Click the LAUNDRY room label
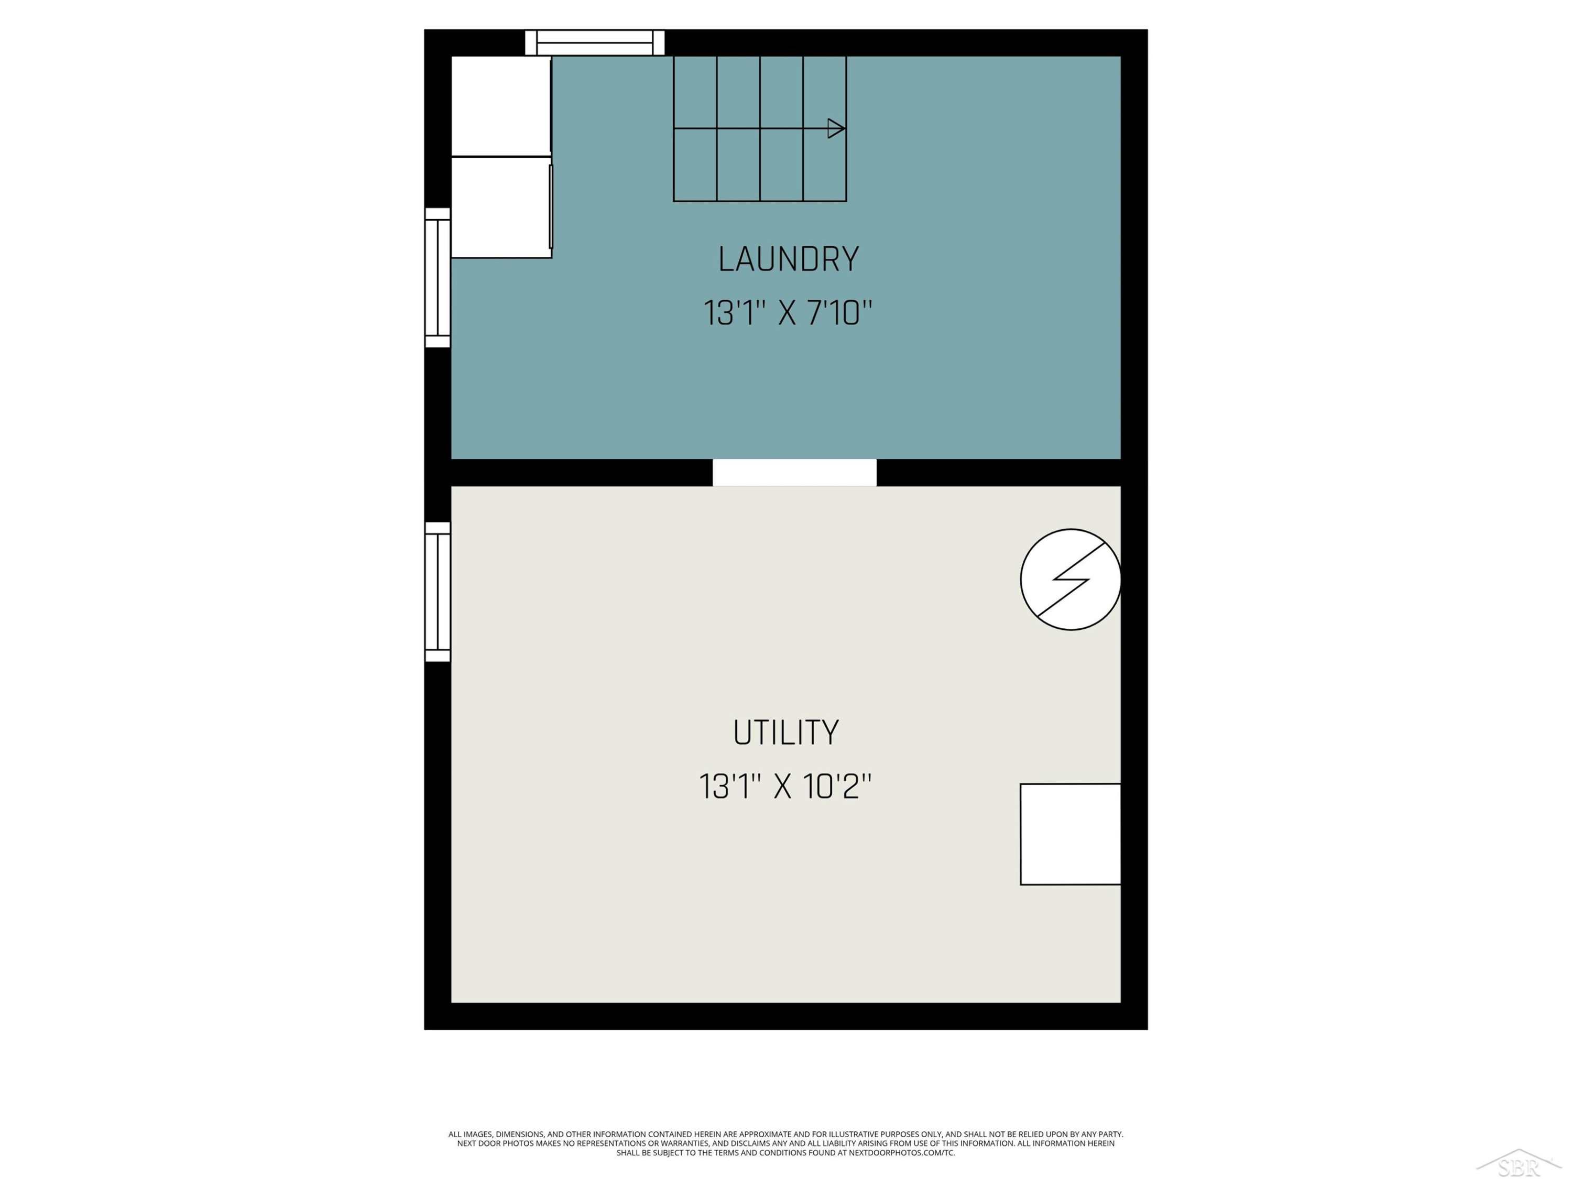[788, 259]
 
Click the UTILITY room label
[786, 733]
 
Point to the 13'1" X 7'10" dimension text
[788, 313]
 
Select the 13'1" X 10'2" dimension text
[785, 787]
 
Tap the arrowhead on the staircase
[836, 128]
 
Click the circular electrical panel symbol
[1070, 579]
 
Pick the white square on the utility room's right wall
[1070, 834]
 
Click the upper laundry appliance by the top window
[501, 106]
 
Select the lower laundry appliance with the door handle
[501, 208]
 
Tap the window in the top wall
[595, 42]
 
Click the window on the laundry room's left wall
[438, 278]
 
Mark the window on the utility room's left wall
[438, 592]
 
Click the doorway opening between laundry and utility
[794, 473]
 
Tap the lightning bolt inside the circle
[1071, 579]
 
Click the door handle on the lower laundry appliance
[551, 207]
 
